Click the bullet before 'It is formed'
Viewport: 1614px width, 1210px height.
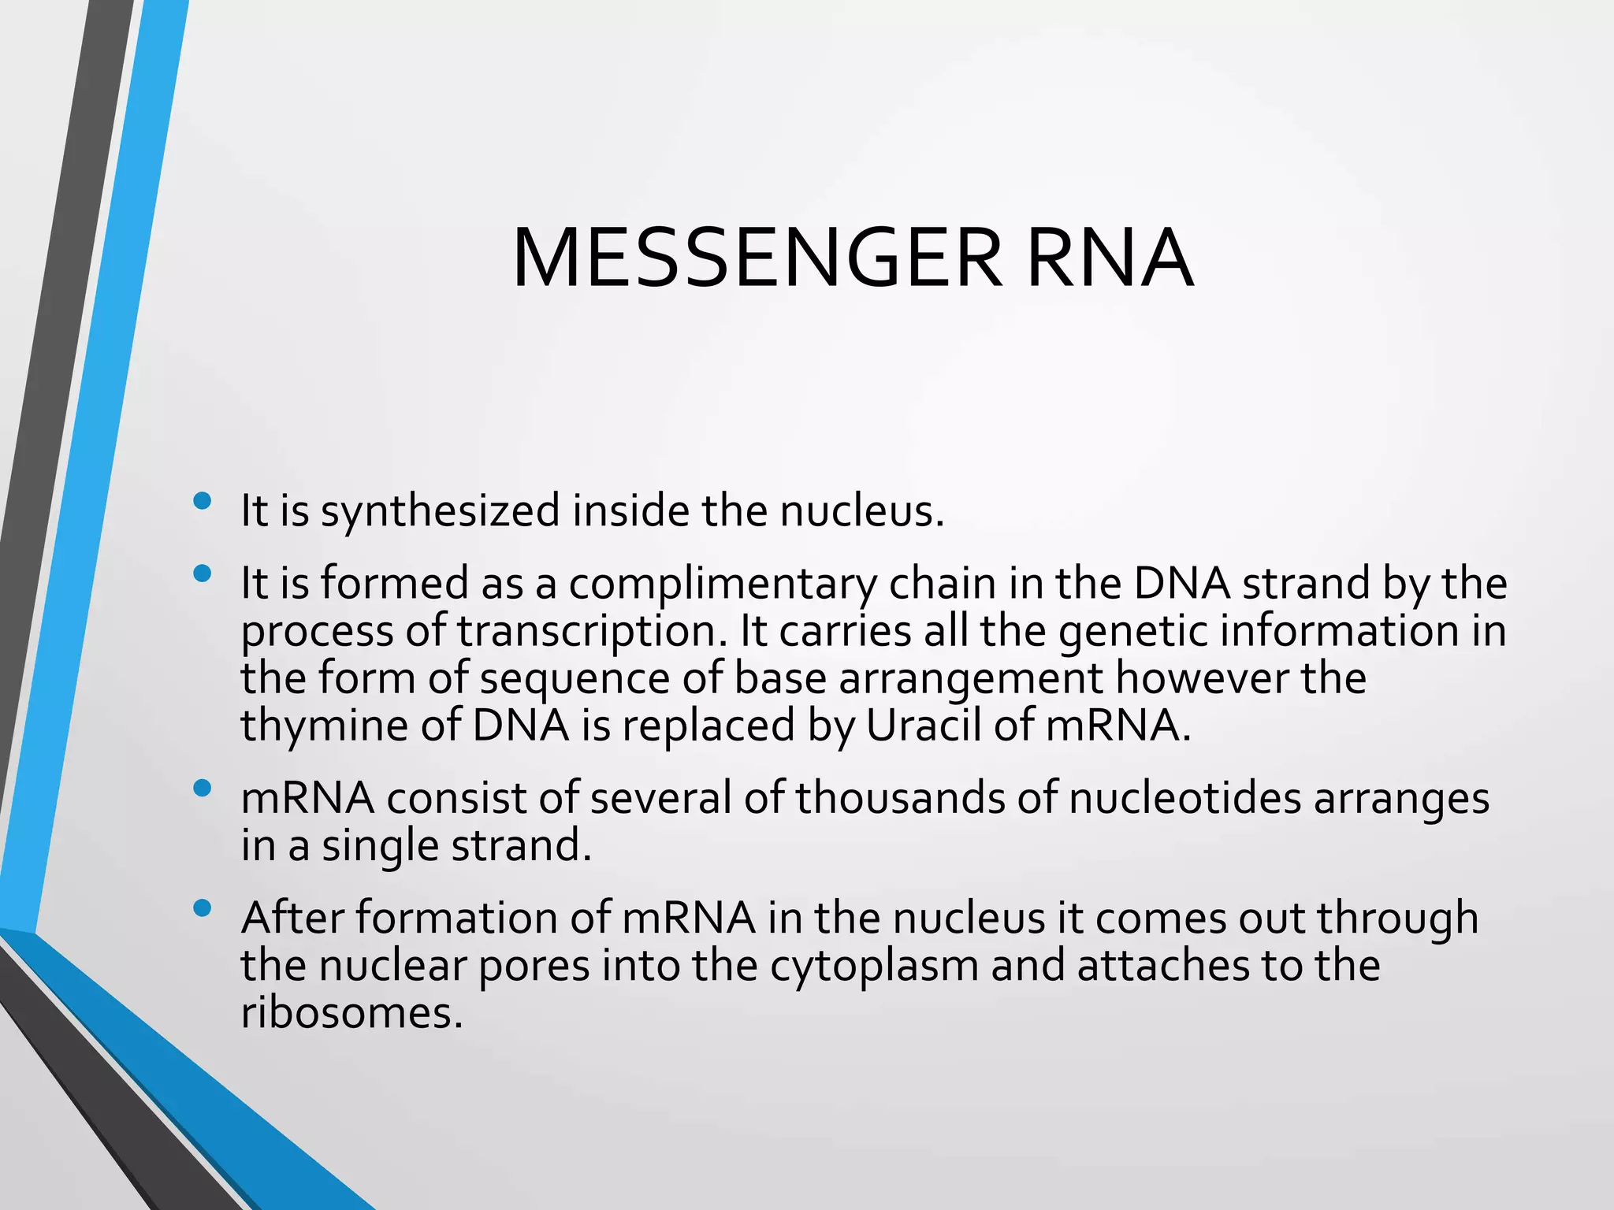click(x=203, y=573)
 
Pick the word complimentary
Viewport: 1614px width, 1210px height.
click(x=723, y=585)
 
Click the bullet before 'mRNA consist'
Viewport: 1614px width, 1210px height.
click(x=203, y=788)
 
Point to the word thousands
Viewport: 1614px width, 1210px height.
click(x=899, y=799)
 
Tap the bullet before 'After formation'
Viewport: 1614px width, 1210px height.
click(x=203, y=908)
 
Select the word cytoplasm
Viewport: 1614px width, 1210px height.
click(x=874, y=967)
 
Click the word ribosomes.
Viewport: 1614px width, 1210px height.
click(x=351, y=1014)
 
